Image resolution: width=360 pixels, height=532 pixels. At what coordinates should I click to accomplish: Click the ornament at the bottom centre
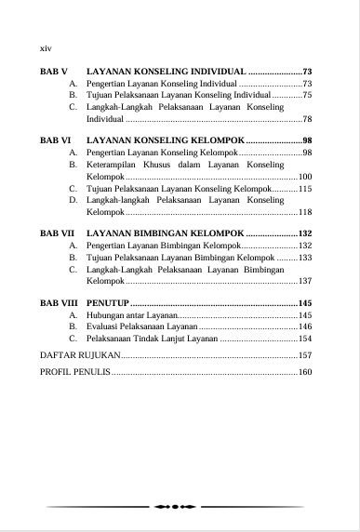(x=177, y=507)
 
